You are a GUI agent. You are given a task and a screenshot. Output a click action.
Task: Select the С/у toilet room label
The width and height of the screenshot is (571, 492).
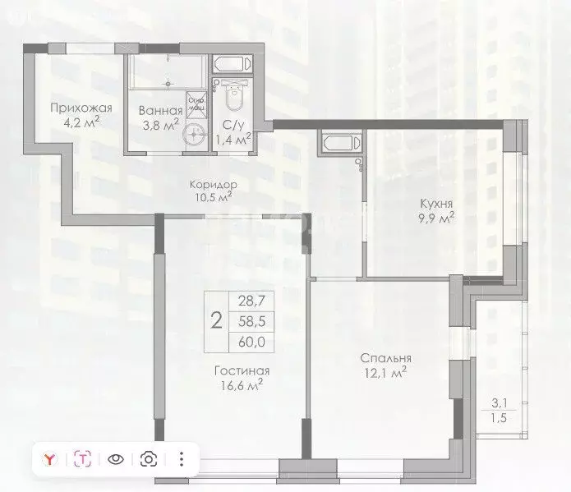click(233, 125)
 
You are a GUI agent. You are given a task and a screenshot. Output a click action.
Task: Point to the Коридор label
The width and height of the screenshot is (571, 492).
click(211, 185)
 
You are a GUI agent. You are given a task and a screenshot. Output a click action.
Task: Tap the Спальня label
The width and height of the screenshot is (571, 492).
click(385, 358)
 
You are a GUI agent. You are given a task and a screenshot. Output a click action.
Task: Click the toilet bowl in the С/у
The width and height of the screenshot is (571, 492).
click(232, 99)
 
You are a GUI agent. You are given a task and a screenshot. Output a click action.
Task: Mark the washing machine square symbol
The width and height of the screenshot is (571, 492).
click(196, 105)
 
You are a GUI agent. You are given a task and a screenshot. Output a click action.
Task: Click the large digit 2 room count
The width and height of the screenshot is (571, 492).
click(216, 320)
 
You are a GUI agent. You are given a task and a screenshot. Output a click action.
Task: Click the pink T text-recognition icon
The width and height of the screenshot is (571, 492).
click(83, 459)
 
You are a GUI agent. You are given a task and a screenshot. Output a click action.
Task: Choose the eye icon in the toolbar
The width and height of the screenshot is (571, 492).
click(116, 459)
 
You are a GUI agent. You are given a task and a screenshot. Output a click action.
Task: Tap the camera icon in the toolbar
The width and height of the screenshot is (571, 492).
click(149, 459)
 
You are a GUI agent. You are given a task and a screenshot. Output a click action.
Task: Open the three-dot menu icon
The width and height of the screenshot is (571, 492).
click(182, 459)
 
